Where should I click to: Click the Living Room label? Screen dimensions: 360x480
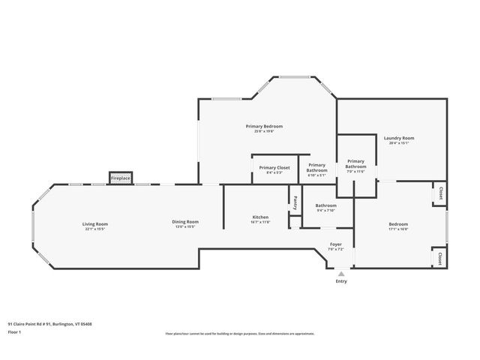pyautogui.click(x=95, y=223)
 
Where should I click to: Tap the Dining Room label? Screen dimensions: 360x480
pyautogui.click(x=185, y=221)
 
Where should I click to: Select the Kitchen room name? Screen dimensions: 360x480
pyautogui.click(x=260, y=217)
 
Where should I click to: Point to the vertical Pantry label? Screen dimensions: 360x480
pyautogui.click(x=295, y=202)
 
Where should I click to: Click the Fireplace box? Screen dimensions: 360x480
pyautogui.click(x=121, y=178)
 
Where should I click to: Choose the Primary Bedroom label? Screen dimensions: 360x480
pyautogui.click(x=264, y=126)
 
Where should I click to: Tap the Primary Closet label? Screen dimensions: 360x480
pyautogui.click(x=274, y=168)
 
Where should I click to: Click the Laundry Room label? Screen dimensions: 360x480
pyautogui.click(x=399, y=138)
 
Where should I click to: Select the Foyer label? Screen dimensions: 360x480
pyautogui.click(x=336, y=244)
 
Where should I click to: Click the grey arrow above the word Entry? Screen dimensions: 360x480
pyautogui.click(x=341, y=274)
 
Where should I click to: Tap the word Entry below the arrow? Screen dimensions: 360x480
pyautogui.click(x=341, y=281)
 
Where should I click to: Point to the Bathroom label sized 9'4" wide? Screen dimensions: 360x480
pyautogui.click(x=325, y=205)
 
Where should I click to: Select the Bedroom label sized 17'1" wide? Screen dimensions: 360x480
pyautogui.click(x=398, y=224)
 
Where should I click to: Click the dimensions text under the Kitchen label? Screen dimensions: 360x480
pyautogui.click(x=260, y=222)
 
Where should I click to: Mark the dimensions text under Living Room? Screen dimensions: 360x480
pyautogui.click(x=95, y=228)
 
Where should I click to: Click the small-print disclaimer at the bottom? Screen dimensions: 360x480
pyautogui.click(x=240, y=333)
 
